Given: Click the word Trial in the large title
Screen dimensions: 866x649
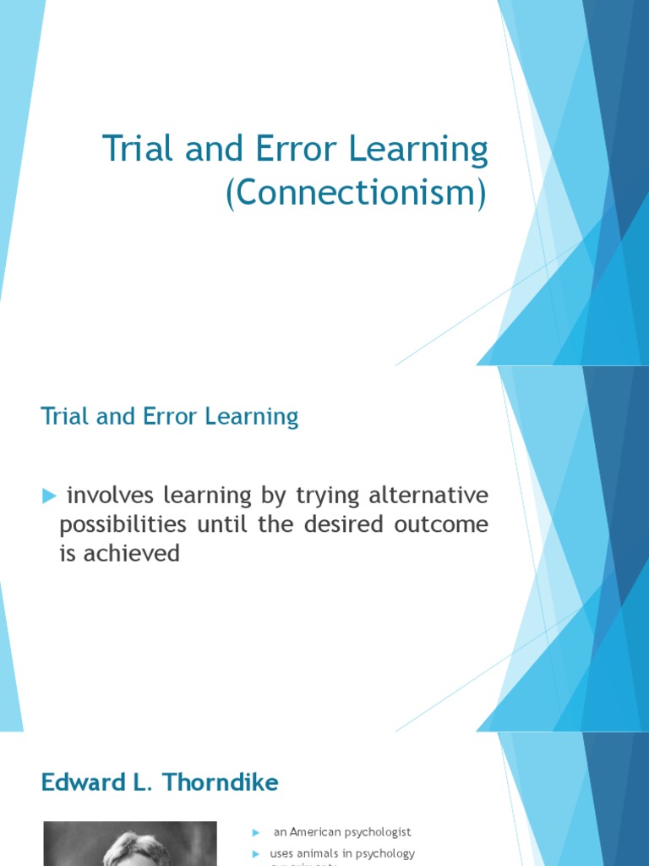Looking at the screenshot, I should tap(135, 150).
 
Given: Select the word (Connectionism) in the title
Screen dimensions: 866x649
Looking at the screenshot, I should tap(356, 193).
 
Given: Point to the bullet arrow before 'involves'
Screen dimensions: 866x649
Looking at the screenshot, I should tap(48, 496).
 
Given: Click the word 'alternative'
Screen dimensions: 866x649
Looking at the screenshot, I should tap(428, 495).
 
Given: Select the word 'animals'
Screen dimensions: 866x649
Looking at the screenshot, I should tap(323, 853).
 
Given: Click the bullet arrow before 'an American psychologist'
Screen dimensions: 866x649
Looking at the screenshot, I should tap(256, 833).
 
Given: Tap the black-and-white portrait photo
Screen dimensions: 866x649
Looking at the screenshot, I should tap(130, 844).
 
